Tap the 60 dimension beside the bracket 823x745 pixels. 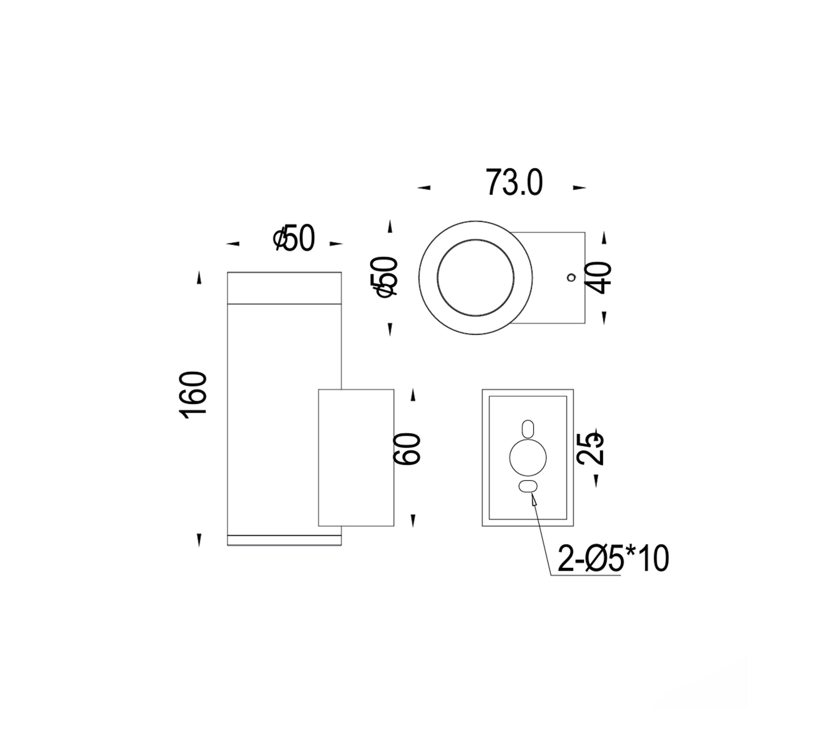(407, 448)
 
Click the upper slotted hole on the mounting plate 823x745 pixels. (528, 429)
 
